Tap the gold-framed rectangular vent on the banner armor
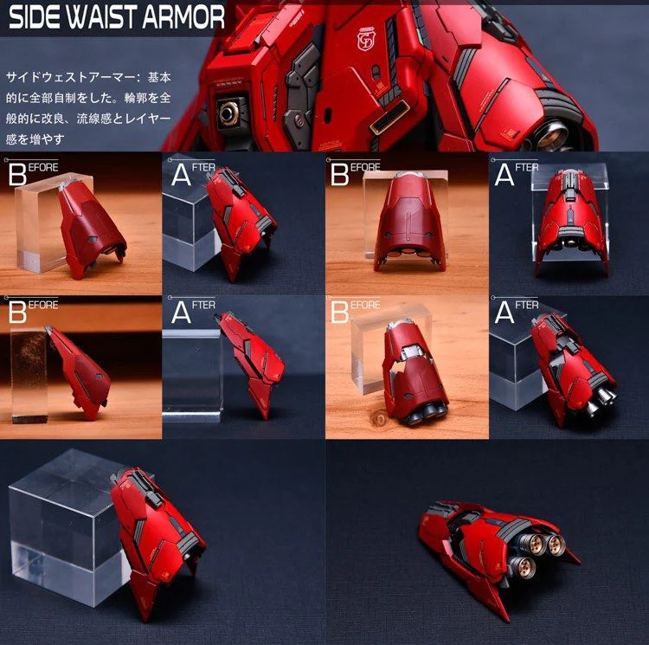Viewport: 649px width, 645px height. [390, 115]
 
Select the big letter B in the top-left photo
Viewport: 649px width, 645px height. [17, 174]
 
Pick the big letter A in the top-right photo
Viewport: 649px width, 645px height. [504, 174]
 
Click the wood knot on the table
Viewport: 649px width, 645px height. [378, 418]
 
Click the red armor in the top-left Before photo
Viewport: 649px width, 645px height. [91, 229]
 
